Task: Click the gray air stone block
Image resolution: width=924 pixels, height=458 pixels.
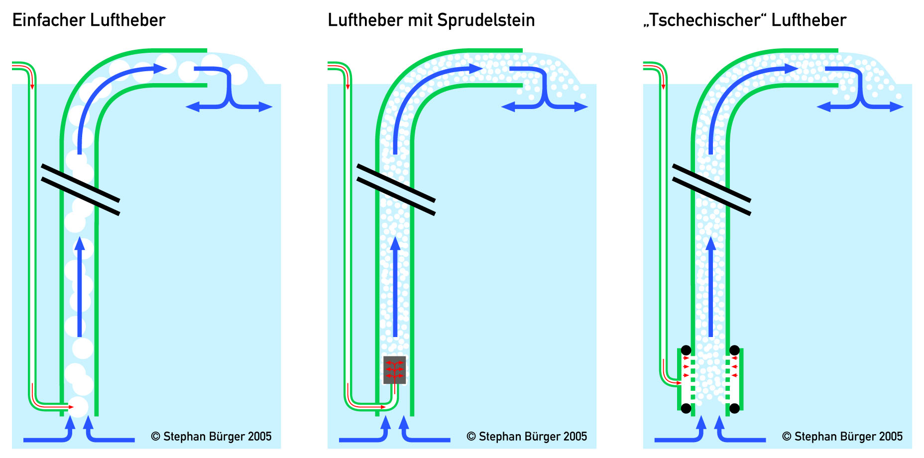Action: pos(394,370)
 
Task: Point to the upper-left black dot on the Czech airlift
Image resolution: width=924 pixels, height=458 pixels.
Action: pos(686,350)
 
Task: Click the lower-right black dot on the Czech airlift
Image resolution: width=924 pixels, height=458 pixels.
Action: pos(734,409)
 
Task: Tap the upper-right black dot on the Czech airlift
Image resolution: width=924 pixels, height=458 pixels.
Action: pos(734,350)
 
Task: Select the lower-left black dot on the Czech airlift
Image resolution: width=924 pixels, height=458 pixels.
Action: pos(686,409)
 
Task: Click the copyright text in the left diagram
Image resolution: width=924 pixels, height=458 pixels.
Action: pos(211,437)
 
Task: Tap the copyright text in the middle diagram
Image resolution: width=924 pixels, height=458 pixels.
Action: pos(527,437)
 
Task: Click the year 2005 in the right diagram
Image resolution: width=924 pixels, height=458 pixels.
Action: pos(890,437)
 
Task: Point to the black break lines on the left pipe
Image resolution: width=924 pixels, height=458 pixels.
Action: pos(80,190)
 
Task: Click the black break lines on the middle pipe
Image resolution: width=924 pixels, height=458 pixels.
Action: pos(396,190)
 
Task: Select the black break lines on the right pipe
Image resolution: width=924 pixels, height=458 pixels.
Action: pos(711,190)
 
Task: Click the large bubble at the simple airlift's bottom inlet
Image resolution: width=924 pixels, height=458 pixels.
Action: pos(78,407)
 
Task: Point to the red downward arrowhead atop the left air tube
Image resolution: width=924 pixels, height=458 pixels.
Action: pos(32,87)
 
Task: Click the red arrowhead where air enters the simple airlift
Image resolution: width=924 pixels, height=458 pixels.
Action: pos(70,407)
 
